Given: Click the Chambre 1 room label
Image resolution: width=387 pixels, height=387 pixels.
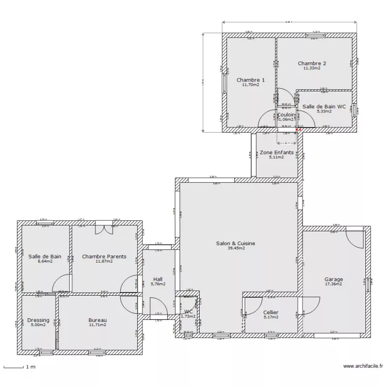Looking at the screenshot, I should [x=251, y=80].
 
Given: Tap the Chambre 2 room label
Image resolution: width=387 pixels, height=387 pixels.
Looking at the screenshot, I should [x=312, y=63].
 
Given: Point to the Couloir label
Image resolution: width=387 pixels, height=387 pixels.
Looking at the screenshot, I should [x=286, y=115].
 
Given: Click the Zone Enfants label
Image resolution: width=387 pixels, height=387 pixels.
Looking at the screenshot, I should [x=277, y=153].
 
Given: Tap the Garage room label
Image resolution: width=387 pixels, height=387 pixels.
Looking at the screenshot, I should [x=334, y=280].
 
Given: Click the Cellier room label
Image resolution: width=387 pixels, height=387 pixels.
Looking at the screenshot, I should [x=271, y=312].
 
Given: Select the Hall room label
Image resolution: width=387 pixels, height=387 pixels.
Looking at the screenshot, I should [x=158, y=279].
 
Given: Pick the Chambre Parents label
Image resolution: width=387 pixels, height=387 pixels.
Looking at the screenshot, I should [x=104, y=256].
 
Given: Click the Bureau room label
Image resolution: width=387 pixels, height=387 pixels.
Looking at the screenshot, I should [x=97, y=320].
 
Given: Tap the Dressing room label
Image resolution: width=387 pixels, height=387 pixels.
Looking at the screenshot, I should [x=38, y=320].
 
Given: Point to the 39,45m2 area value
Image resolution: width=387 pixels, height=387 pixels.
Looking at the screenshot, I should [x=235, y=248].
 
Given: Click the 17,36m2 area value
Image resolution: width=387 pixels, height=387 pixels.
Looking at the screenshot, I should [x=334, y=284].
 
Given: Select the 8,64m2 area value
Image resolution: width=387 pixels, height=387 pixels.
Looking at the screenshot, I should [x=45, y=261].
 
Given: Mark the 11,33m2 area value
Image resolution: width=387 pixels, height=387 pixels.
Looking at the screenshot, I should [x=312, y=68].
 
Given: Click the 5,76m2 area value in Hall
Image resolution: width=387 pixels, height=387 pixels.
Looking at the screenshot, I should [x=158, y=284].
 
